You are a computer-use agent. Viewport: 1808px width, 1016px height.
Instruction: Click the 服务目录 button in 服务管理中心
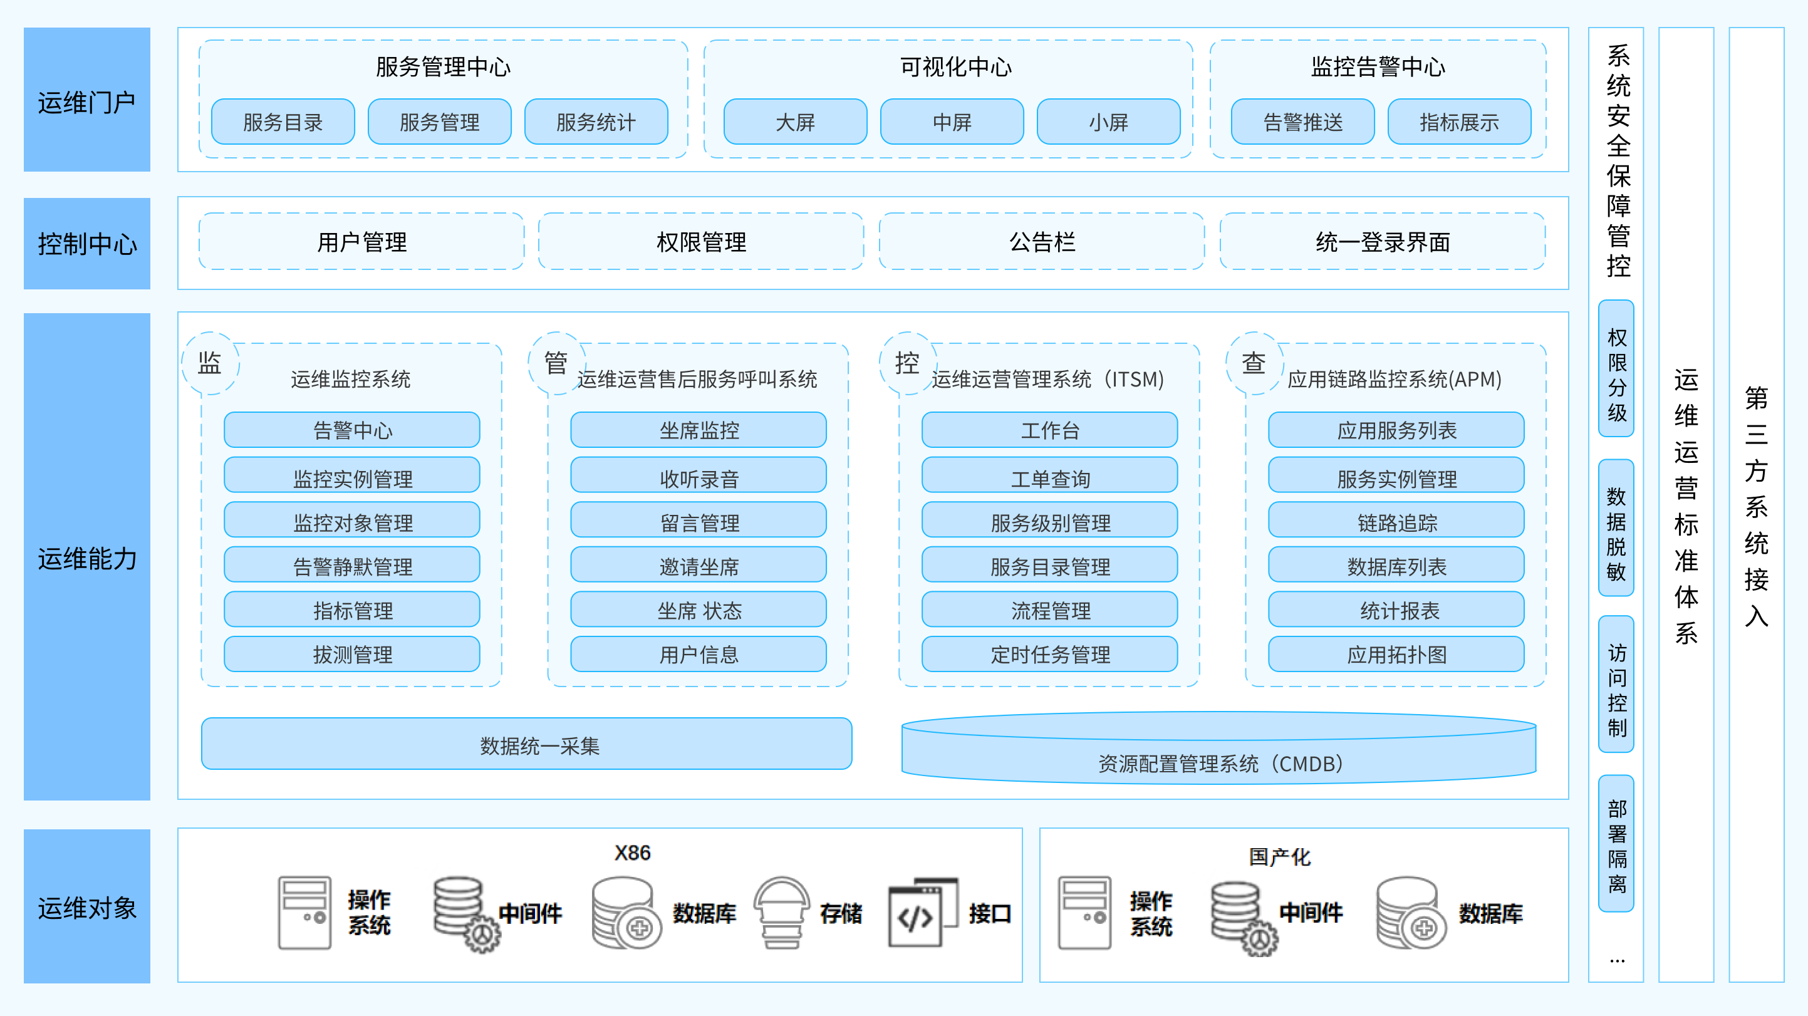coord(283,122)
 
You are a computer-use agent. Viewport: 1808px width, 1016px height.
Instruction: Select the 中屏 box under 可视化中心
coord(952,122)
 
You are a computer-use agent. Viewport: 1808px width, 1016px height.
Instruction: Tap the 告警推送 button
coord(1302,122)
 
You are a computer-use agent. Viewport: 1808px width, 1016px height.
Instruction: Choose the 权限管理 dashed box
coord(700,242)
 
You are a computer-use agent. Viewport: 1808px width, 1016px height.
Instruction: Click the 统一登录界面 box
coord(1382,242)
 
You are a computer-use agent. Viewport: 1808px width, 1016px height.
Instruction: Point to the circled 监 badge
coord(210,363)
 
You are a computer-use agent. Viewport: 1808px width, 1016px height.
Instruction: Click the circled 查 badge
coord(1254,363)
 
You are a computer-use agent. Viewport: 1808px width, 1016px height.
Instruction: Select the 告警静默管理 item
coord(352,566)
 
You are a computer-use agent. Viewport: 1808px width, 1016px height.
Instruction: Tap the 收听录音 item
coord(699,478)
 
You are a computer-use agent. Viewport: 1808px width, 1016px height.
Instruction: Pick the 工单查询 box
coord(1049,478)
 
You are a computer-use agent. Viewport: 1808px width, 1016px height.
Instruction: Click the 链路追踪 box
coord(1396,522)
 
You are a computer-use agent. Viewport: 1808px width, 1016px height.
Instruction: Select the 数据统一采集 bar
coord(526,744)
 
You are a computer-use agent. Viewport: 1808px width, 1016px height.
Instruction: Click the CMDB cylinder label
coord(1219,763)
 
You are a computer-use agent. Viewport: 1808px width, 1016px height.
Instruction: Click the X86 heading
coord(632,853)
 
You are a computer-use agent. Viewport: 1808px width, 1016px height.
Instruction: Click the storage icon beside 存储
coord(781,912)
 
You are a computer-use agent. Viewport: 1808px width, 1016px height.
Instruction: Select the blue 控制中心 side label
coord(87,244)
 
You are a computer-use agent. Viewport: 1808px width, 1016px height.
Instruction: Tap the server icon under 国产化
coord(1084,912)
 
